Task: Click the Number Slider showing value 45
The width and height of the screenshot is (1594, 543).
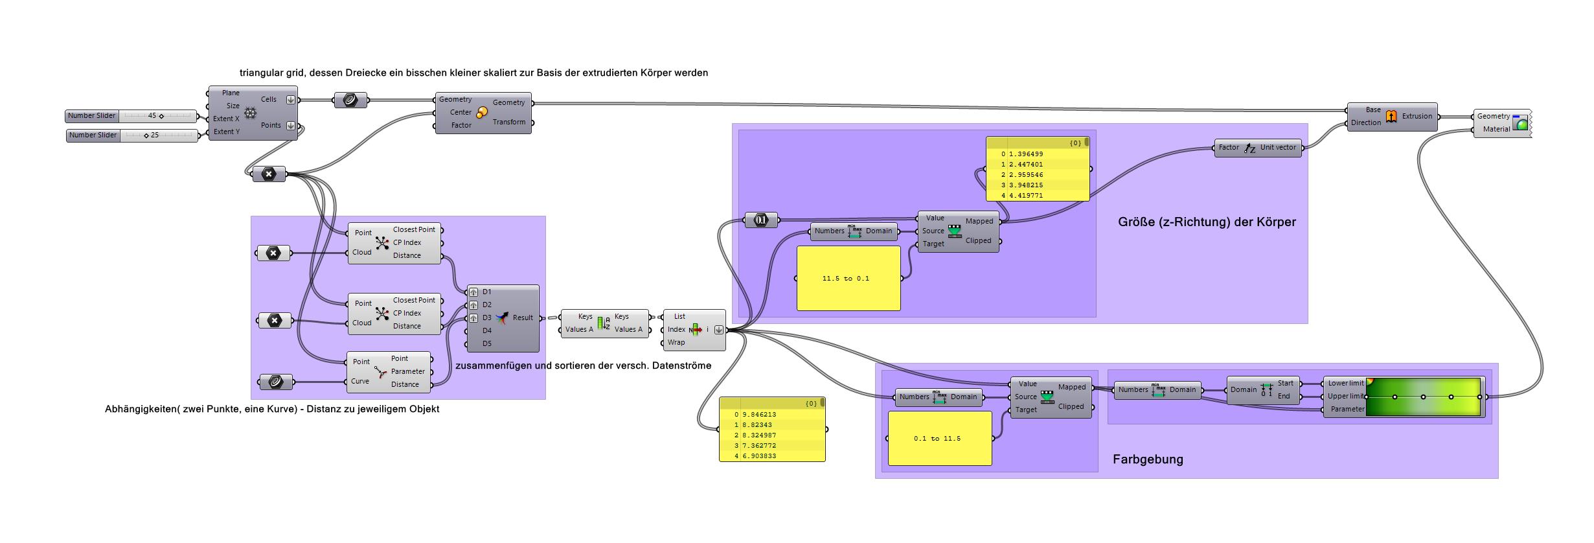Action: click(131, 116)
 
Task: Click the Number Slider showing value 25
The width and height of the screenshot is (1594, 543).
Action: click(133, 135)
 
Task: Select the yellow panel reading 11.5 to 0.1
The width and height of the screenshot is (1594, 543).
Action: click(848, 279)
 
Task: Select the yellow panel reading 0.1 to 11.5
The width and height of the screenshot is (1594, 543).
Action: click(939, 439)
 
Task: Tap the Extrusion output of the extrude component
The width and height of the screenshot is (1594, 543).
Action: click(1417, 117)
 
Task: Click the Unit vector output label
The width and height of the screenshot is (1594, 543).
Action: click(1277, 148)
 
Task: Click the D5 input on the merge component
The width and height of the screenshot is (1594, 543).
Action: click(486, 344)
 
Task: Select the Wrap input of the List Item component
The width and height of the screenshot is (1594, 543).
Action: click(676, 343)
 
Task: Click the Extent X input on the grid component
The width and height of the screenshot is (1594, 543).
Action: click(226, 119)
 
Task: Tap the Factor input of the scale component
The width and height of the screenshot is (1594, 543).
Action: click(461, 126)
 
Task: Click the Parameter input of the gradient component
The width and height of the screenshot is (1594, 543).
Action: click(1347, 410)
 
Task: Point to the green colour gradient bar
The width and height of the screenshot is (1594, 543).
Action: click(1424, 397)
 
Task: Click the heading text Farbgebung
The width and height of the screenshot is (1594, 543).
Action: click(1147, 459)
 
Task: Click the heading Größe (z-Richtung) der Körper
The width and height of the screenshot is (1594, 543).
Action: click(1206, 222)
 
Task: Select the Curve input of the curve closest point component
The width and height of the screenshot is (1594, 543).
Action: click(360, 382)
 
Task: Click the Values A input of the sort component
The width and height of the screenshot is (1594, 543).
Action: click(578, 330)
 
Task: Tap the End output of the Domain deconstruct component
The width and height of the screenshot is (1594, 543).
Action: click(1283, 397)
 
